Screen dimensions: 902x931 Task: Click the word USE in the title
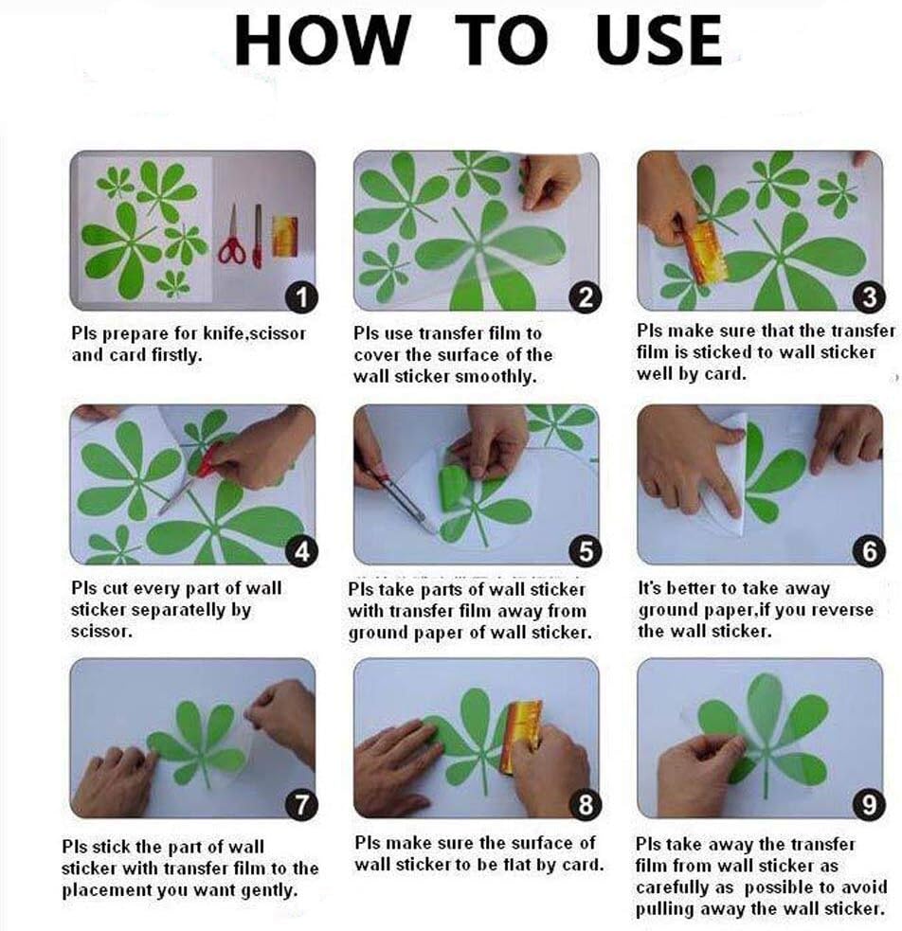(658, 41)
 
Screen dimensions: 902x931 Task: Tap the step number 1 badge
(302, 297)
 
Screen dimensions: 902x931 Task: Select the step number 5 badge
(586, 551)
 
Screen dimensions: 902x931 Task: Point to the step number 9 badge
(869, 804)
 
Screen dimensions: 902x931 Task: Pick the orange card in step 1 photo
(285, 237)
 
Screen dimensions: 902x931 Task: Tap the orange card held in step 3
(704, 252)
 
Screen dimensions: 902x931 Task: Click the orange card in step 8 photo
(520, 736)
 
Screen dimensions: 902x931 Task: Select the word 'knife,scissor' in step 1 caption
(255, 333)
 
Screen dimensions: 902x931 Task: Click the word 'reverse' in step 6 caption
(842, 609)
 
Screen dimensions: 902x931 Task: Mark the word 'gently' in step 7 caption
(269, 890)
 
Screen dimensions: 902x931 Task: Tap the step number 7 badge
(301, 804)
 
